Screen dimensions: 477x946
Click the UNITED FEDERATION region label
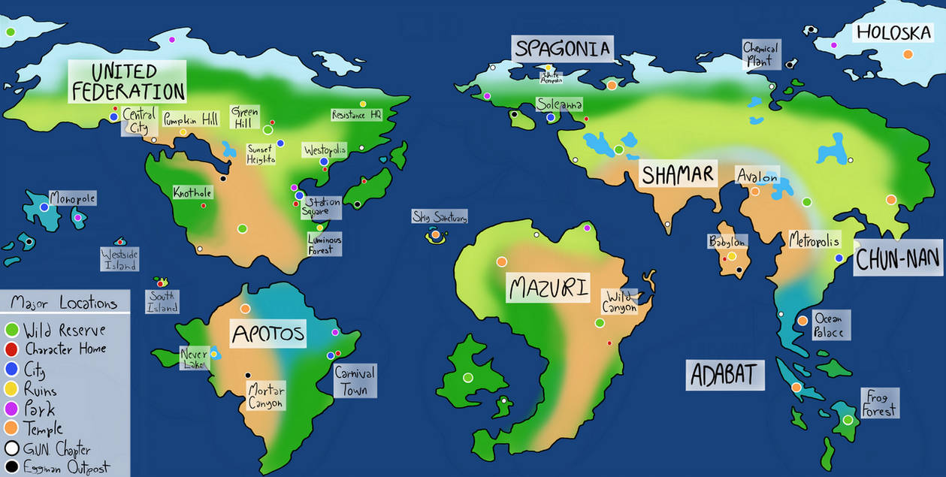click(126, 82)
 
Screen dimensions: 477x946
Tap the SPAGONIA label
click(562, 50)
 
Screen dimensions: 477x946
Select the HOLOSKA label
click(893, 32)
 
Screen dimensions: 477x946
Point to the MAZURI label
click(548, 287)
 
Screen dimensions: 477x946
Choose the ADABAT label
click(724, 374)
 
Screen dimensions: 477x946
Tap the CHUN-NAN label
click(898, 260)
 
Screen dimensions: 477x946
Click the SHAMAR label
click(676, 174)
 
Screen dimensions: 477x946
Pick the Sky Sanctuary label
click(440, 217)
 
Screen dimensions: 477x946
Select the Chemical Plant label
click(760, 55)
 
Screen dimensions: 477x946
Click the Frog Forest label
click(880, 403)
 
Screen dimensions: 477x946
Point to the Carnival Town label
click(355, 381)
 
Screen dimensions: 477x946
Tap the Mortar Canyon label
click(267, 396)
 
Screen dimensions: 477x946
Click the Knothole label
click(193, 192)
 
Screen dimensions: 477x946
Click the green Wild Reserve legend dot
click(11, 330)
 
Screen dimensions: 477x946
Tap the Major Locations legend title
click(64, 303)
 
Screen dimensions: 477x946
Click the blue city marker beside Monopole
click(44, 207)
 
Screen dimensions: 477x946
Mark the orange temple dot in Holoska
click(908, 54)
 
